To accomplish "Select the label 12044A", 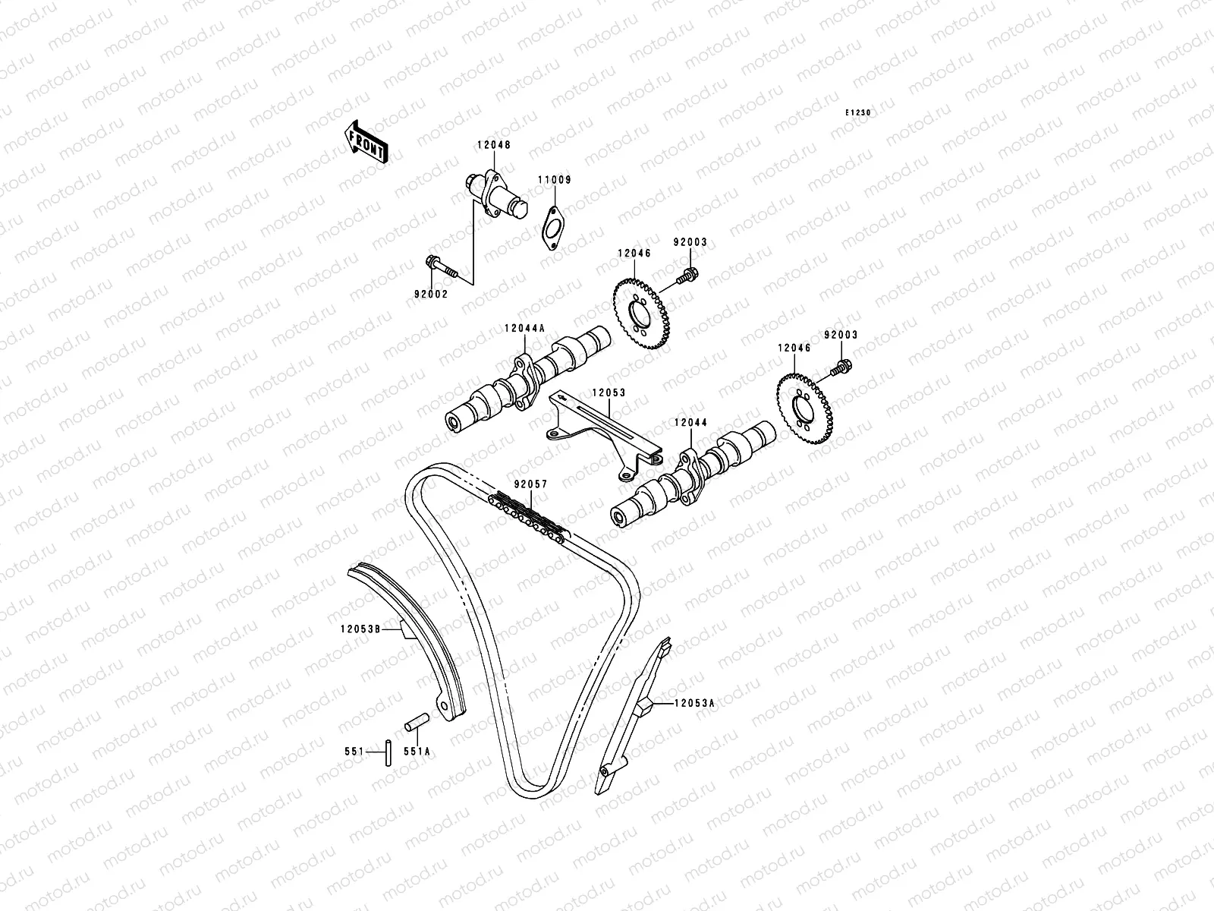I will (x=524, y=329).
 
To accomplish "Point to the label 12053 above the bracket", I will (x=609, y=393).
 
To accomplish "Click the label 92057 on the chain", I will (x=530, y=484).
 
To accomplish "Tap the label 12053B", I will (x=360, y=628).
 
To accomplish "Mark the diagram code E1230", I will (x=859, y=112).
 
